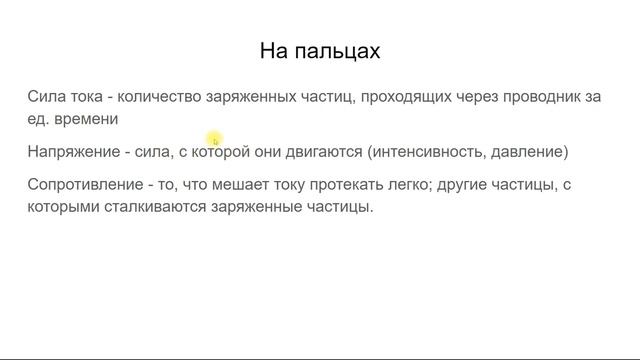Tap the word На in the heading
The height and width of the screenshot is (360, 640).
(x=275, y=50)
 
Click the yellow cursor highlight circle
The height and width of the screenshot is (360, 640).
(x=214, y=140)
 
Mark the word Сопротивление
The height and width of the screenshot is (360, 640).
(x=83, y=186)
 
